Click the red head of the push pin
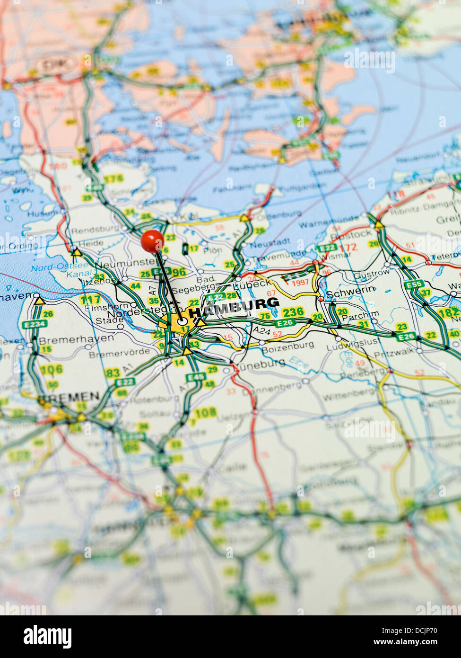[152, 240]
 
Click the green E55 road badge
[414, 284]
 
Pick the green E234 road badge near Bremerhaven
[35, 324]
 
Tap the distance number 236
[293, 311]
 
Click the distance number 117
[90, 299]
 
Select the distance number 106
[51, 370]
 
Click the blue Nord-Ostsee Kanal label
[59, 270]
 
